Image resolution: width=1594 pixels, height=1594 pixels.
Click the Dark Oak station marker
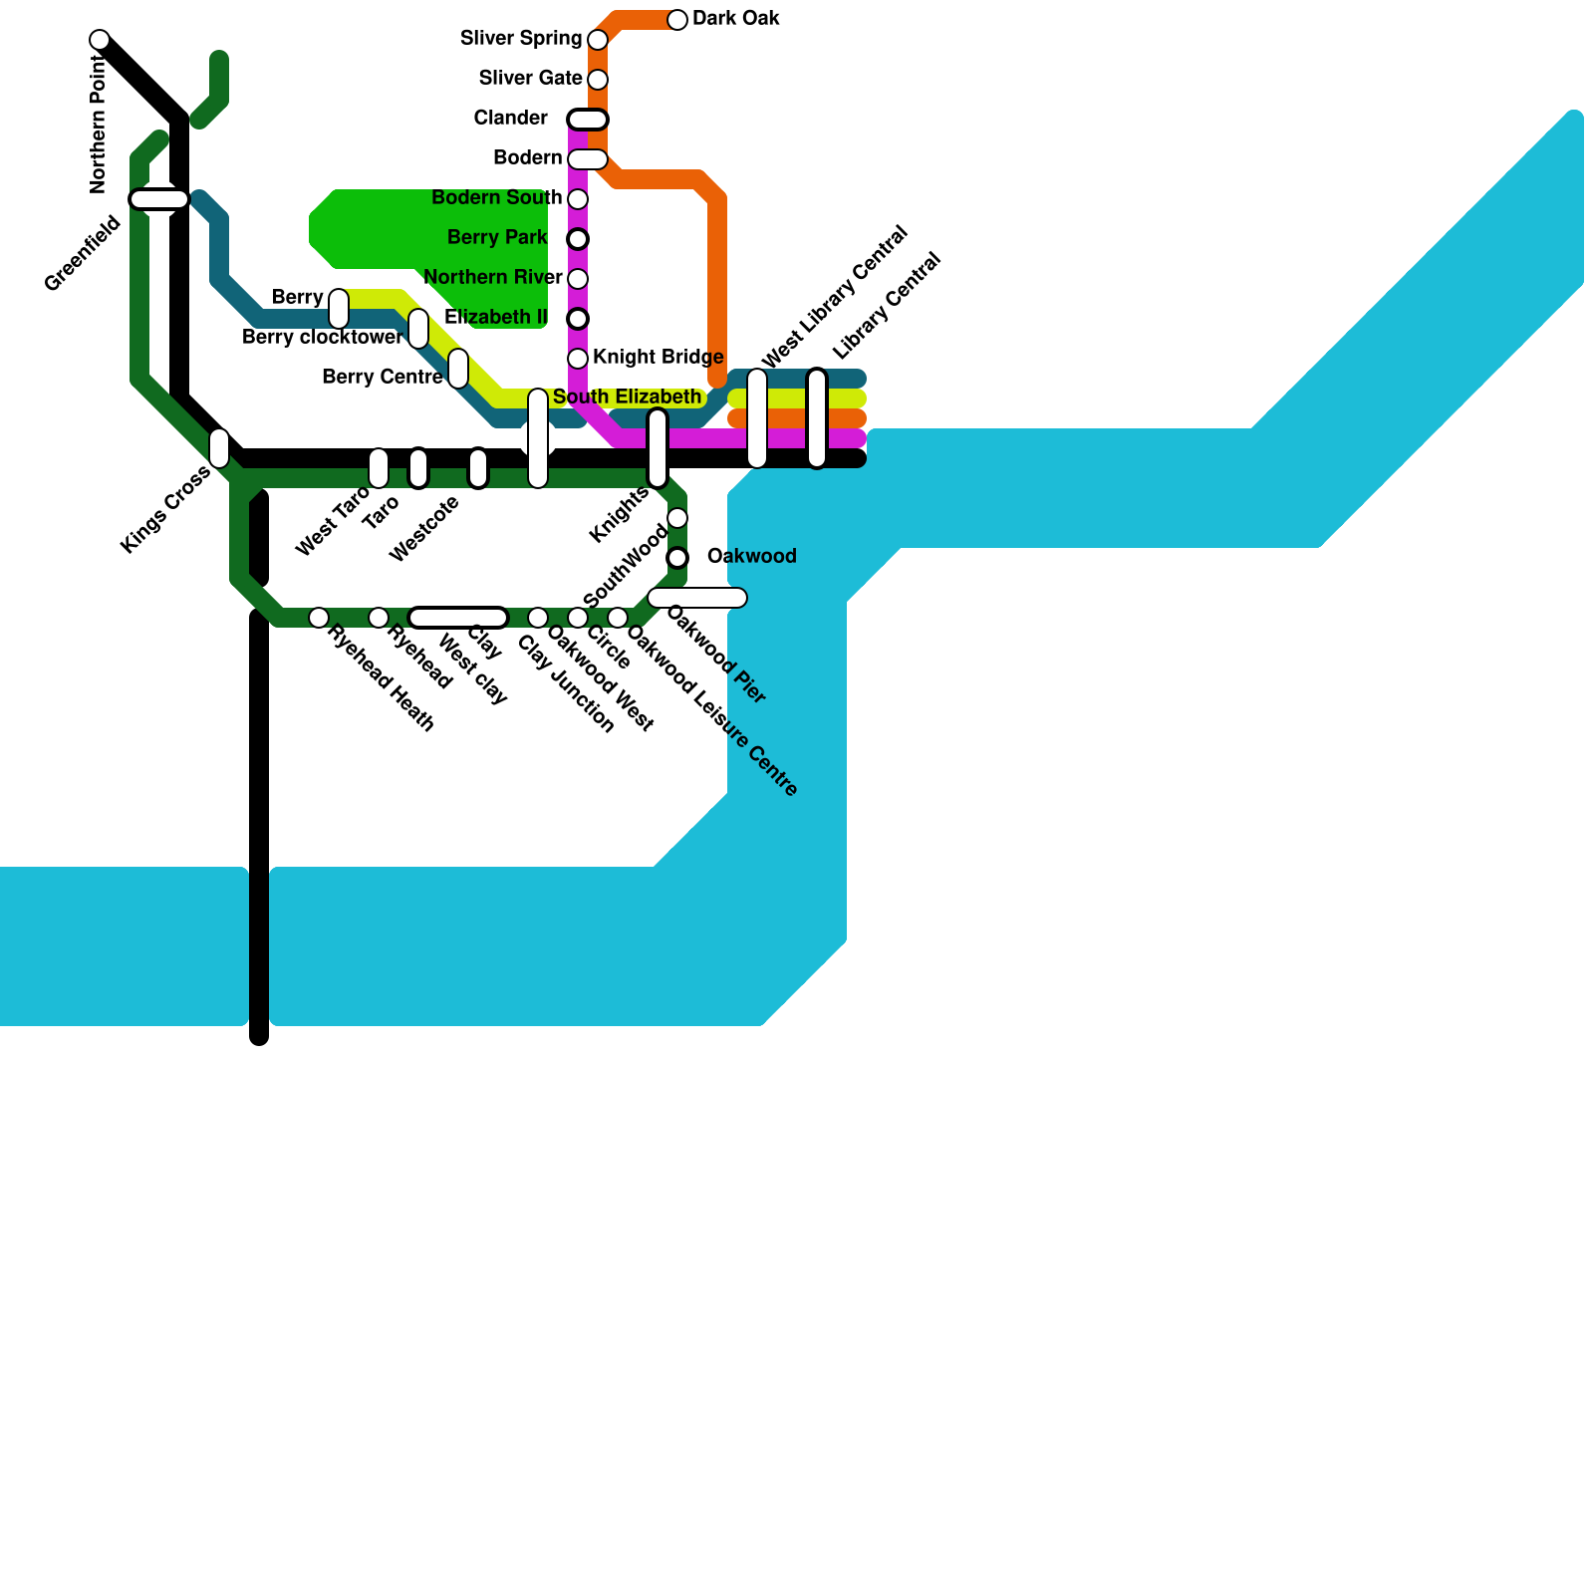pyautogui.click(x=677, y=20)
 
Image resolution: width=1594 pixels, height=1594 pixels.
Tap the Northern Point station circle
pyautogui.click(x=100, y=40)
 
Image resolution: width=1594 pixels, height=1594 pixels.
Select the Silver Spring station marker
pyautogui.click(x=598, y=40)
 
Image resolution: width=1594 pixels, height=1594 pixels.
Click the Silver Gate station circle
pyautogui.click(x=598, y=80)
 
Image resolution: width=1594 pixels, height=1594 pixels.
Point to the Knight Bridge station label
pyautogui.click(x=658, y=358)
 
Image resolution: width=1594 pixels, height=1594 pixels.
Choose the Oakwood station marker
pyautogui.click(x=677, y=558)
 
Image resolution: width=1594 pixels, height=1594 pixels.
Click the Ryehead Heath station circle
pyautogui.click(x=319, y=618)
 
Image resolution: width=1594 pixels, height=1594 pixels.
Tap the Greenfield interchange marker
pyautogui.click(x=159, y=199)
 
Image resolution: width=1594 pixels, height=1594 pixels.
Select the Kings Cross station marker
pyautogui.click(x=219, y=448)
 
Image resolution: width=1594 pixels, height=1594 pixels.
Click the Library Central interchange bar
pyautogui.click(x=817, y=418)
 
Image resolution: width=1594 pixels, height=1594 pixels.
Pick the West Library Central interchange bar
pyautogui.click(x=757, y=418)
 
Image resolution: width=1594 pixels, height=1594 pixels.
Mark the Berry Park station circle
pyautogui.click(x=578, y=239)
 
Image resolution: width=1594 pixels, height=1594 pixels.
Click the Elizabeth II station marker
pyautogui.click(x=578, y=319)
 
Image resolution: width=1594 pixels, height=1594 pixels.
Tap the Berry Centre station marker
pyautogui.click(x=458, y=369)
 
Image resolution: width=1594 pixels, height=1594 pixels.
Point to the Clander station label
pyautogui.click(x=510, y=119)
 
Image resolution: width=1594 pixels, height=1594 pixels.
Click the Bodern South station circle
pyautogui.click(x=578, y=199)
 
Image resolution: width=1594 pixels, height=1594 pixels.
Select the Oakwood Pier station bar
pyautogui.click(x=697, y=598)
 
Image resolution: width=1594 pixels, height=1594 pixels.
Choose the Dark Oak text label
pyautogui.click(x=735, y=19)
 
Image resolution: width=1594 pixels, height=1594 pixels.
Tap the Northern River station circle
pyautogui.click(x=578, y=279)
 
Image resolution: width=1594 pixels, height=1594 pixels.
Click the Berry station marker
pyautogui.click(x=339, y=309)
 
